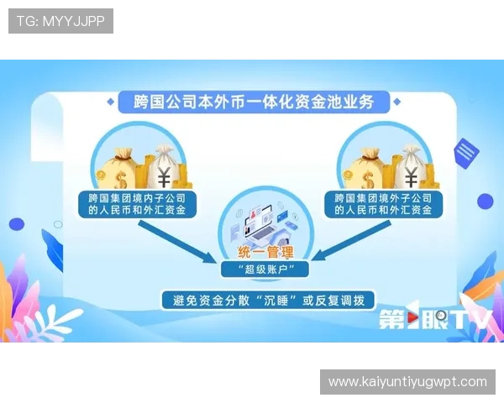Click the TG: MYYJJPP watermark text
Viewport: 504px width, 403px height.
[x=60, y=21]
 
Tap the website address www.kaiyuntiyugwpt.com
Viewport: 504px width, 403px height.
[x=407, y=382]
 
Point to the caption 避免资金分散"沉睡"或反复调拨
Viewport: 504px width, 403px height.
[x=267, y=299]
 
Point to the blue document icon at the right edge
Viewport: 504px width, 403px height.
[x=465, y=153]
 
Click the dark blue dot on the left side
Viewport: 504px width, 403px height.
[x=17, y=224]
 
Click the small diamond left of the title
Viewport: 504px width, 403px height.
[x=111, y=102]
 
